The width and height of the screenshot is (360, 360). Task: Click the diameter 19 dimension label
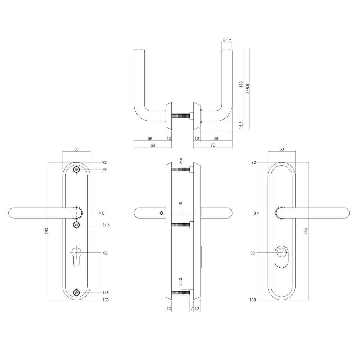227,40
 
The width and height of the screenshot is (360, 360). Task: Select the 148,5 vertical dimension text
247,88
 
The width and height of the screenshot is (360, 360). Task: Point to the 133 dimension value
241,85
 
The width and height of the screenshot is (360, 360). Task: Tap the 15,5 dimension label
241,125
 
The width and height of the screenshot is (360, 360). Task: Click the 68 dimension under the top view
153,145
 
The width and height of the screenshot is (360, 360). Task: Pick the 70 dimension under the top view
213,145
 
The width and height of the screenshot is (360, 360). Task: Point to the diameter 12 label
181,283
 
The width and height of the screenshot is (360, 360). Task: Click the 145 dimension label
105,293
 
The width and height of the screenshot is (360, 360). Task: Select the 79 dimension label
104,170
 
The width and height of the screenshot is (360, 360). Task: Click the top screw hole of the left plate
76,170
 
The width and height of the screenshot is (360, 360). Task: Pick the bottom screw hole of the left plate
76,293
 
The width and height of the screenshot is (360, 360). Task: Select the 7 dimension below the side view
192,309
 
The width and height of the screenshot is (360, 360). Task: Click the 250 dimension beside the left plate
46,231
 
